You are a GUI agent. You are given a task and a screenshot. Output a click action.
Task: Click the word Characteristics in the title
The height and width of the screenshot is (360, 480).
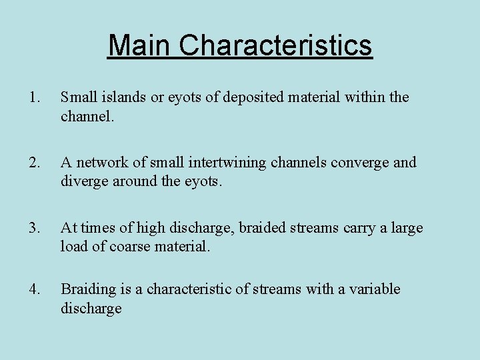pos(275,45)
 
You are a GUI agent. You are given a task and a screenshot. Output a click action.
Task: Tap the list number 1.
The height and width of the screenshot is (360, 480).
pos(34,97)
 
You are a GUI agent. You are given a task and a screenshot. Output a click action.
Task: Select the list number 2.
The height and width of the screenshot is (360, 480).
pos(34,163)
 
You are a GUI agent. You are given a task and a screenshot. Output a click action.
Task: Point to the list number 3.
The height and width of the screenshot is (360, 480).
pos(34,228)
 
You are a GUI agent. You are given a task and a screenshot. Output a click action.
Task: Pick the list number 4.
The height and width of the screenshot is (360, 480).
pos(34,289)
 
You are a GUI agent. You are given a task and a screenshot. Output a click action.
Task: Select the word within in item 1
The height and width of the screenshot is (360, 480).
pos(365,97)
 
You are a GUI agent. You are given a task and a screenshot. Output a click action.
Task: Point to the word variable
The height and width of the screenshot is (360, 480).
pos(376,289)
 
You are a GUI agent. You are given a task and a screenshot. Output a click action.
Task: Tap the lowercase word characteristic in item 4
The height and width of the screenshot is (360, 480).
pos(191,289)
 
